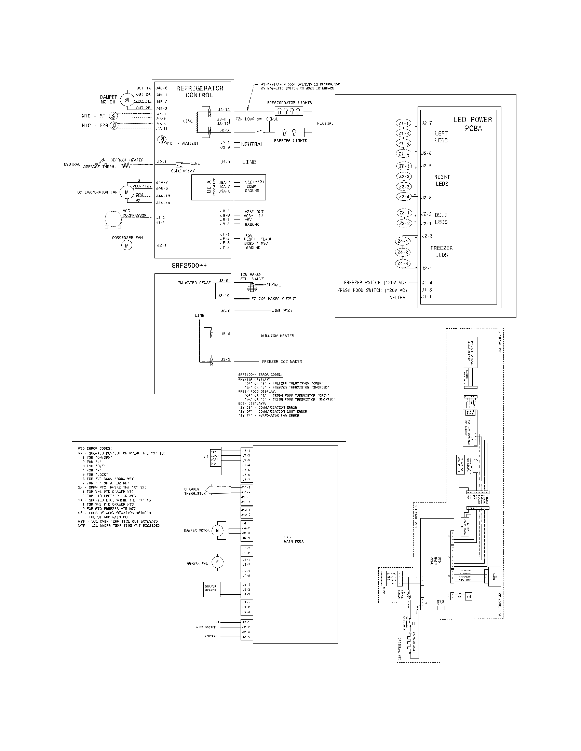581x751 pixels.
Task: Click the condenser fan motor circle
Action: click(126, 245)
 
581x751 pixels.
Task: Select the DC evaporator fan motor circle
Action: click(126, 193)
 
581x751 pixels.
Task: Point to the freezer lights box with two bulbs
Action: click(289, 132)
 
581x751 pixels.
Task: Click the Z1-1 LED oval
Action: click(403, 124)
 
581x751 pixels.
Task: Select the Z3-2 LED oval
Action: click(404, 223)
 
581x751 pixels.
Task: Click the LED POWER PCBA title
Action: click(473, 124)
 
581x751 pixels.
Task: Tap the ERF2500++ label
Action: click(189, 266)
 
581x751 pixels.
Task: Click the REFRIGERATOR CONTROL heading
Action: click(200, 92)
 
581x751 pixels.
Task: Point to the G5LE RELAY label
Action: click(183, 171)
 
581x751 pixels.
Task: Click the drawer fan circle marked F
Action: click(217, 562)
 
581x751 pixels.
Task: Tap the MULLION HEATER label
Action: click(278, 336)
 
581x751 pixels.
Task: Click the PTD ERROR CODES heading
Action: click(95, 449)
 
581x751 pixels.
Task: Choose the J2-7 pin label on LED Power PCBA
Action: click(427, 123)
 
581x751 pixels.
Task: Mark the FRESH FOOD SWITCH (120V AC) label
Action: click(372, 290)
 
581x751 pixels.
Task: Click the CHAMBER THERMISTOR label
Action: click(195, 491)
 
